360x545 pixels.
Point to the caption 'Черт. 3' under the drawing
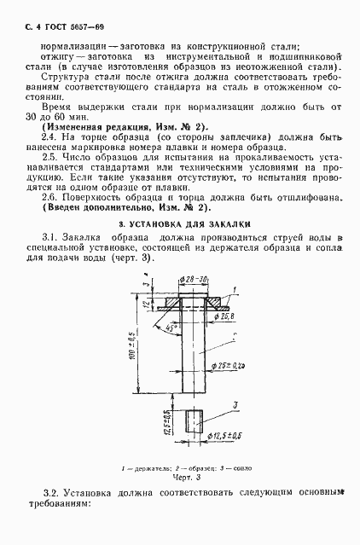(x=181, y=479)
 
